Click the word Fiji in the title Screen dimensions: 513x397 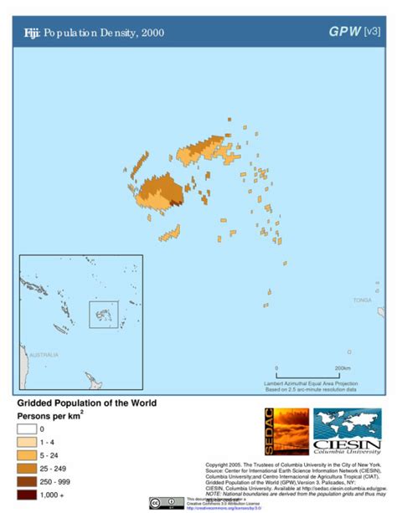click(31, 33)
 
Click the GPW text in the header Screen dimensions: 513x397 click(343, 32)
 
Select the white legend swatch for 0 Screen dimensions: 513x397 click(26, 429)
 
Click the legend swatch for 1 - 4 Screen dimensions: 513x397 click(26, 442)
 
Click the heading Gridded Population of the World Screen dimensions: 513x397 click(86, 403)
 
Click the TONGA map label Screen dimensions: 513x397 click(362, 300)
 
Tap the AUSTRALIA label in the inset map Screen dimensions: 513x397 click(44, 355)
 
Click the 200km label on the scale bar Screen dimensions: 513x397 click(342, 368)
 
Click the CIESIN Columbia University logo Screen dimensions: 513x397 click(347, 431)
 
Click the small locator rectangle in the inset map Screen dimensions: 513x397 click(104, 313)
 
